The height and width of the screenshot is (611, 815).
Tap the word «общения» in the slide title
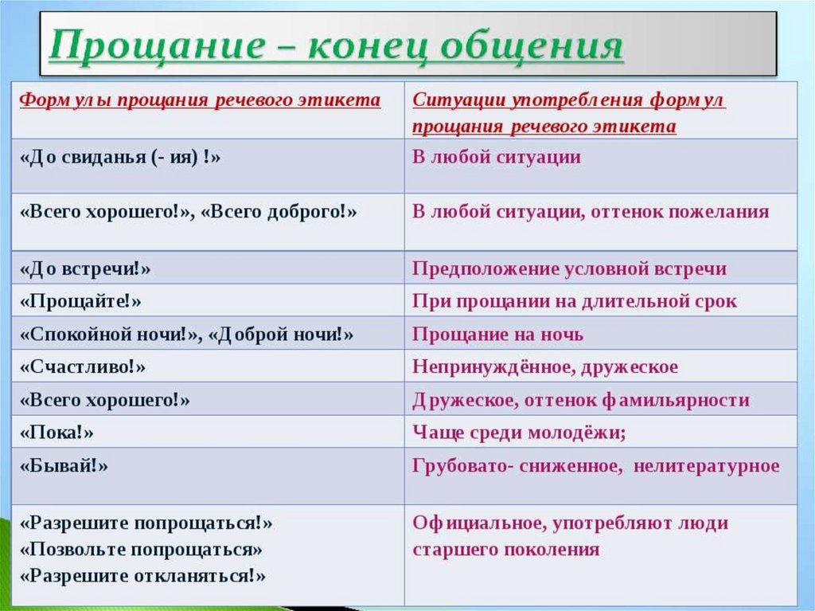(x=531, y=45)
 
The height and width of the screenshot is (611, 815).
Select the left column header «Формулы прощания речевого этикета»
(x=200, y=100)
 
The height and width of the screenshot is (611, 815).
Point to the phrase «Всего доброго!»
(x=279, y=212)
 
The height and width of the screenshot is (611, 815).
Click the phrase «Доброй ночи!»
(x=281, y=335)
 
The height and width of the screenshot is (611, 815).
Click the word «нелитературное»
(x=707, y=466)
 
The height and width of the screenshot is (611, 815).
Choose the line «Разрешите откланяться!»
(x=143, y=576)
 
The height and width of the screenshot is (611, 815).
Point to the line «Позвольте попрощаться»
(x=141, y=550)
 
